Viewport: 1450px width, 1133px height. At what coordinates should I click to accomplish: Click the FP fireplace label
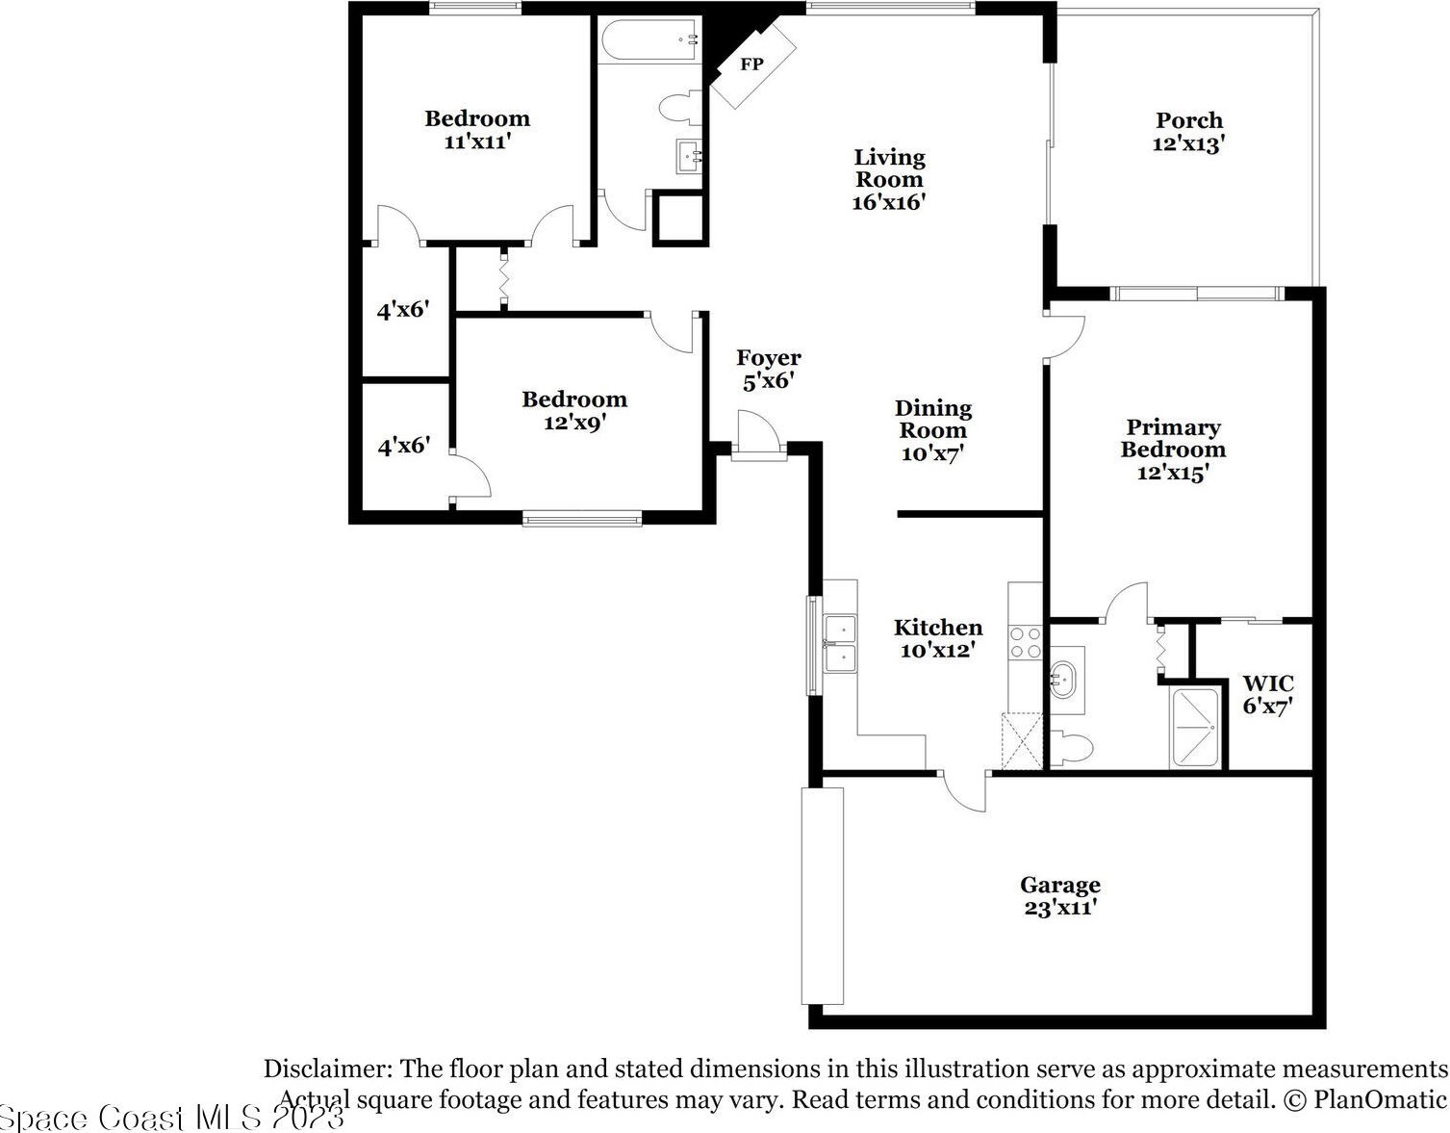click(752, 64)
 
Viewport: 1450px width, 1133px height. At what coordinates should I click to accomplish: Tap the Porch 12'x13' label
click(1189, 132)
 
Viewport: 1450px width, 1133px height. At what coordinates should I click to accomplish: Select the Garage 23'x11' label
click(1060, 896)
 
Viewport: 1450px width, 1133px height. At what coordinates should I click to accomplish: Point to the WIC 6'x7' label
click(1268, 695)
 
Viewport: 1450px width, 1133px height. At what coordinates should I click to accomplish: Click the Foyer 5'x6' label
click(769, 369)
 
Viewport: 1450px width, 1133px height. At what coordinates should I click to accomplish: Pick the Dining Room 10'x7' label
click(933, 430)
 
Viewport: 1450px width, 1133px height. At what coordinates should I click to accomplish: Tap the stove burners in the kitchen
click(1025, 643)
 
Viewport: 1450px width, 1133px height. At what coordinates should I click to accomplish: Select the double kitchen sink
click(840, 644)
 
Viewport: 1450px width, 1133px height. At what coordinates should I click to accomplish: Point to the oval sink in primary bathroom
click(1063, 680)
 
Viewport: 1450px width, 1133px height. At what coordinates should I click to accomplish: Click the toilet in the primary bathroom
click(1071, 747)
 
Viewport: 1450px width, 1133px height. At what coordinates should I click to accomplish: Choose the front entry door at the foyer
click(759, 434)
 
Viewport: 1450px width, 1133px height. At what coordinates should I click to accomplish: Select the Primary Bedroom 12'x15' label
click(1173, 450)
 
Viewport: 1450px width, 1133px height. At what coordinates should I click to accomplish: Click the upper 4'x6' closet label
click(403, 310)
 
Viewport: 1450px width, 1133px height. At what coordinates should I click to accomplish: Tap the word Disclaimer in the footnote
click(328, 1069)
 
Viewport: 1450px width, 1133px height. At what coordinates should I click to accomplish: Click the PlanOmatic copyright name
click(1380, 1099)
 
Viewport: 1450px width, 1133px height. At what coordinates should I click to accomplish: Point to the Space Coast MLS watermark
click(172, 1118)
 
